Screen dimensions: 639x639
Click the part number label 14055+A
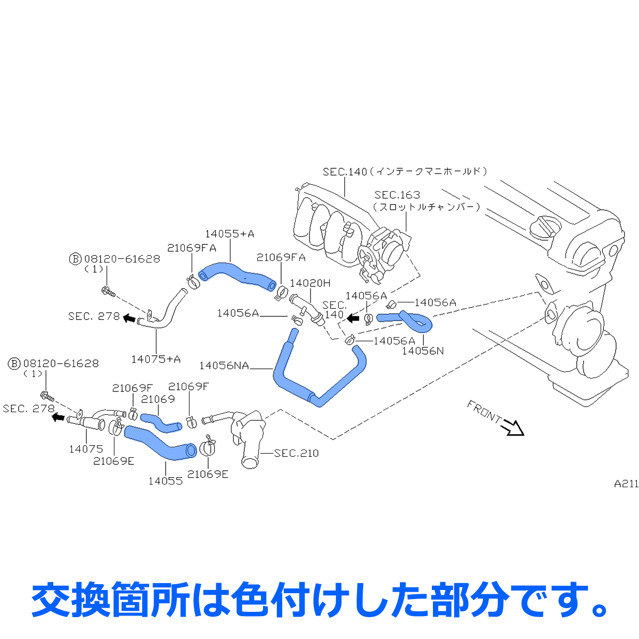coord(230,234)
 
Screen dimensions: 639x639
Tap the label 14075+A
coord(156,359)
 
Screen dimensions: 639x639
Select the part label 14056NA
coord(224,365)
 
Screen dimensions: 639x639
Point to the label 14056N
coord(423,350)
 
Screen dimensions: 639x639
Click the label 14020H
coord(310,283)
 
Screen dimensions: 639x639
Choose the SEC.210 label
coord(297,453)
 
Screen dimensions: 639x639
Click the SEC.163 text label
coord(397,195)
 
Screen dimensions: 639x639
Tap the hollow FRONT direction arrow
coord(514,427)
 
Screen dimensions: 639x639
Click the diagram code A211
coord(626,484)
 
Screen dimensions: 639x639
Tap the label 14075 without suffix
coord(86,449)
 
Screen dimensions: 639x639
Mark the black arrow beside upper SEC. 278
coord(128,318)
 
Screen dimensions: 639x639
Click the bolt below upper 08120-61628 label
coord(108,291)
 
